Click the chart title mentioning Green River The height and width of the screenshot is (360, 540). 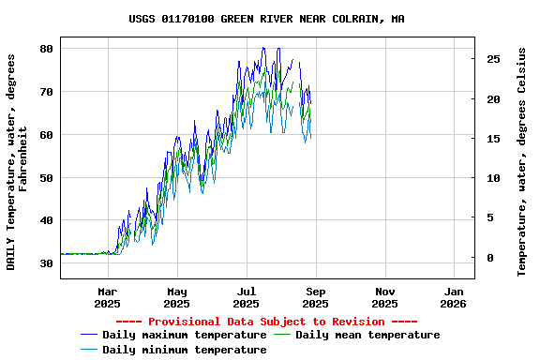(266, 19)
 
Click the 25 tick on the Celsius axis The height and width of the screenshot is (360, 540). (493, 59)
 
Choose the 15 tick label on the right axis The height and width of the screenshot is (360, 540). (493, 139)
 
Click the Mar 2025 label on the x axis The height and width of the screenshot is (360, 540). (107, 297)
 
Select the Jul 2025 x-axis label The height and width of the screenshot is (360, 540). (246, 297)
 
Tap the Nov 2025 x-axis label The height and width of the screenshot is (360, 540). (384, 297)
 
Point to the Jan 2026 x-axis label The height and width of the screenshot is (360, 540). (454, 297)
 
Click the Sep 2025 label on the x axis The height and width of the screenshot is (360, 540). (315, 297)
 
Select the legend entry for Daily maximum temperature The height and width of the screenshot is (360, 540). (185, 335)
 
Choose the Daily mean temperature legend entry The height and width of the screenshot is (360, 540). (367, 335)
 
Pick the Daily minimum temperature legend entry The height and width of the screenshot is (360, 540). (185, 350)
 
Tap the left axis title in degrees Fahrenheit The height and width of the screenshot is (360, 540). (18, 161)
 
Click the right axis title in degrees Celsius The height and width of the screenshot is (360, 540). (522, 161)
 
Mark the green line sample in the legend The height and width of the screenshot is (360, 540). (282, 335)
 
